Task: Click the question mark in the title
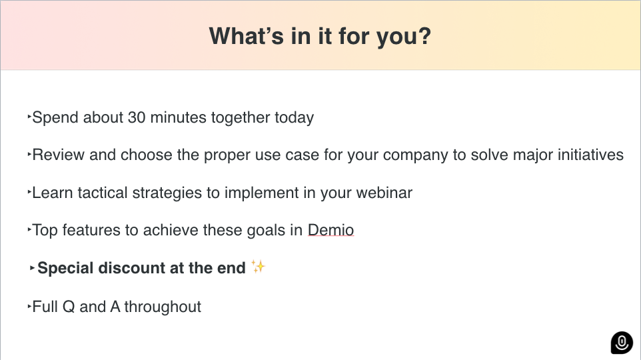coord(424,35)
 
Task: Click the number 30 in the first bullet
coord(137,117)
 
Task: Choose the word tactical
coord(103,193)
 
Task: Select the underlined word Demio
coord(330,230)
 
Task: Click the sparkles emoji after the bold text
coord(258,267)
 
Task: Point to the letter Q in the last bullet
coord(69,307)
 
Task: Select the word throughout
coord(163,307)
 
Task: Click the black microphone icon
coord(622,343)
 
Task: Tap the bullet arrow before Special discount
coord(32,269)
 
